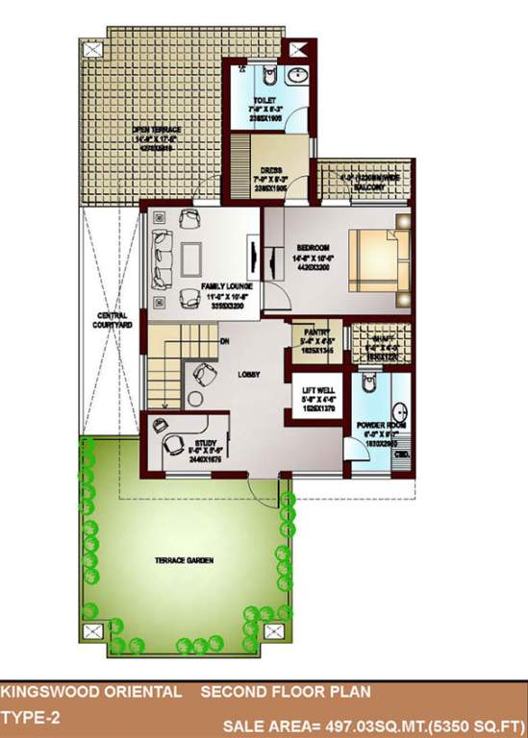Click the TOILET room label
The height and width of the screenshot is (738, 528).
click(x=265, y=101)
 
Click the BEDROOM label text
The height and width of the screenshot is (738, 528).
click(x=313, y=248)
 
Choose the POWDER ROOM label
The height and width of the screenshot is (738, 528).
click(x=381, y=424)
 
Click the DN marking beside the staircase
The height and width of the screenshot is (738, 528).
click(x=223, y=340)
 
